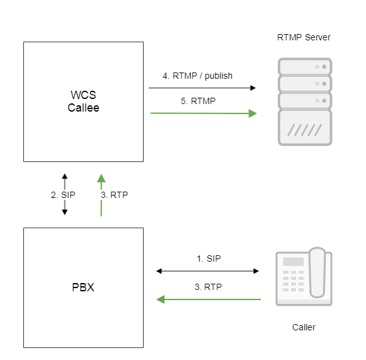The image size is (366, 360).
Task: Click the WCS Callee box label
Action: click(x=83, y=102)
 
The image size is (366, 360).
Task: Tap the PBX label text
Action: click(x=83, y=287)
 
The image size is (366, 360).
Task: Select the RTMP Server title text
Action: click(x=304, y=37)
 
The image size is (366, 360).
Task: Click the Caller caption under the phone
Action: click(x=304, y=327)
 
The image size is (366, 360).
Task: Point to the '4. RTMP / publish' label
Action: click(x=197, y=76)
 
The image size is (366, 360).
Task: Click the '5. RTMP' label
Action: click(x=198, y=101)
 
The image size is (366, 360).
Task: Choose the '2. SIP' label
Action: click(x=63, y=195)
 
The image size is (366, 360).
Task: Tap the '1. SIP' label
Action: click(x=209, y=258)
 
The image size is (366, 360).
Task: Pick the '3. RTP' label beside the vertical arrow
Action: click(x=115, y=195)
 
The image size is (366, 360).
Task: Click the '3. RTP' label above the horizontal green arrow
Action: click(x=209, y=287)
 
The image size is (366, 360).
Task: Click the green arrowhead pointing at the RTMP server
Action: click(x=253, y=113)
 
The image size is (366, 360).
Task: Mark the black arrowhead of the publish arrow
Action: click(x=253, y=88)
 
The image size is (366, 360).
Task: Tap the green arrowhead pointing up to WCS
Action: click(x=101, y=178)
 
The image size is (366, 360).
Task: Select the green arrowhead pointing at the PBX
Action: click(x=161, y=299)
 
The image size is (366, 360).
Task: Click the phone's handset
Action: click(x=317, y=272)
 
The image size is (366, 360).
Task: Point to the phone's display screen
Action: click(x=294, y=262)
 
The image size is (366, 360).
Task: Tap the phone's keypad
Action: click(x=294, y=281)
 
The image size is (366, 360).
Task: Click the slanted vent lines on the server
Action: click(x=305, y=130)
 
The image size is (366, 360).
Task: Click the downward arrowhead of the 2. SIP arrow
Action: click(x=65, y=212)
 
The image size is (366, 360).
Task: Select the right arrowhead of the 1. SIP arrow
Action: click(x=256, y=271)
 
